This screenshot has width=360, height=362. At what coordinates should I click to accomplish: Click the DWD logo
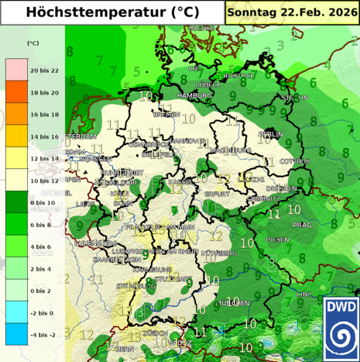[x=341, y=329]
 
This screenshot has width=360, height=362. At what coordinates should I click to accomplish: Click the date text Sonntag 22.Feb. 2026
[x=293, y=12]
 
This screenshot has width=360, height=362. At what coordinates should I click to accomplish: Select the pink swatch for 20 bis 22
[x=16, y=70]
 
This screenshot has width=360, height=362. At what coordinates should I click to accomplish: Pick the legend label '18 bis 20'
[x=43, y=92]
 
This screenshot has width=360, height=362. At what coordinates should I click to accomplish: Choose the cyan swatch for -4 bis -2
[x=16, y=334]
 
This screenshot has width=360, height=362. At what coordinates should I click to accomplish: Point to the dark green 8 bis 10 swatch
[x=16, y=202]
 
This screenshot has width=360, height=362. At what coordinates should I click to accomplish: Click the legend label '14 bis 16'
[x=43, y=136]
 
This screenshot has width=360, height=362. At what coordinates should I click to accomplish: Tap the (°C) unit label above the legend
[x=33, y=43]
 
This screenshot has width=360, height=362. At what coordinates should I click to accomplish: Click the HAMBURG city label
[x=194, y=95]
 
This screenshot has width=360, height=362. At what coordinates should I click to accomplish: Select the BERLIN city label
[x=270, y=134]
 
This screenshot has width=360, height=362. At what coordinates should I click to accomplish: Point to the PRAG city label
[x=302, y=225]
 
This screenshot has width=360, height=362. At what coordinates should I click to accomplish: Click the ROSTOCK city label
[x=238, y=76]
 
